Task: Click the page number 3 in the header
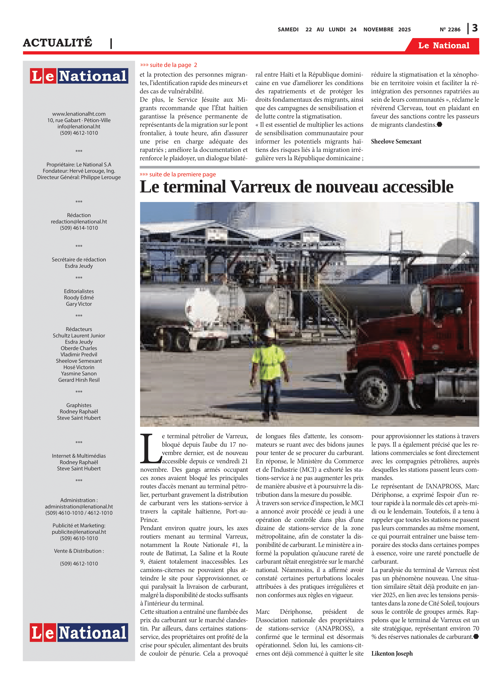tap(475, 28)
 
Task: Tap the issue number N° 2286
tap(450, 30)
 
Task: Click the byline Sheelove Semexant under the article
tap(396, 142)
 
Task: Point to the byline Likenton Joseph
tap(392, 653)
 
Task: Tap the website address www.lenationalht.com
tap(79, 114)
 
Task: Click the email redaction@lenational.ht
tap(79, 222)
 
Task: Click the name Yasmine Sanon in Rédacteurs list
tap(79, 373)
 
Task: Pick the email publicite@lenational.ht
tap(79, 532)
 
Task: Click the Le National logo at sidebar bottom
tap(79, 633)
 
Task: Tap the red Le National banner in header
tap(443, 46)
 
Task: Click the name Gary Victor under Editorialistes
tap(79, 304)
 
